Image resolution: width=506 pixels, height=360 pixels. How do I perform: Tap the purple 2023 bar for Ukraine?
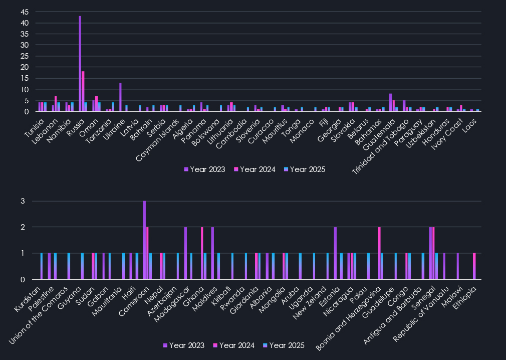(x=121, y=97)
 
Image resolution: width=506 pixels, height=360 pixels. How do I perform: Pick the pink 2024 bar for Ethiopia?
(x=474, y=266)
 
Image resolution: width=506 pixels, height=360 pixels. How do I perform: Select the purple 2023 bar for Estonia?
(x=335, y=253)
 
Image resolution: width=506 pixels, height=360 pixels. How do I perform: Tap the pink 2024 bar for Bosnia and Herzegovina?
(x=379, y=253)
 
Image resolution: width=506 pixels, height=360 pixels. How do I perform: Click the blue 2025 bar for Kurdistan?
(x=42, y=266)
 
